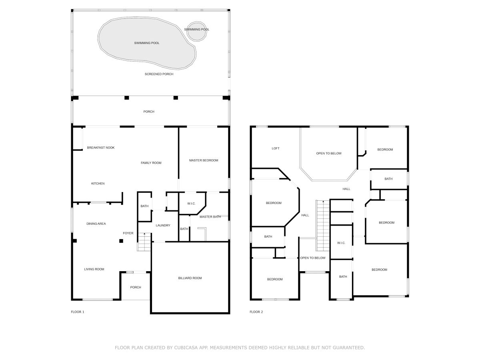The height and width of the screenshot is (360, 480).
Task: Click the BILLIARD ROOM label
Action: (190, 278)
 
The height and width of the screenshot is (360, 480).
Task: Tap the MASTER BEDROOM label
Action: (204, 160)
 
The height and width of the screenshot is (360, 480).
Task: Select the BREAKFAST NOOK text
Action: (100, 148)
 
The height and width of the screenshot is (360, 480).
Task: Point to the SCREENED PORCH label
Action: (159, 74)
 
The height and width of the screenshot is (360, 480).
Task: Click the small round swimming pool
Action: (197, 31)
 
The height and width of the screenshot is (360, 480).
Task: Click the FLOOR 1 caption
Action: (78, 312)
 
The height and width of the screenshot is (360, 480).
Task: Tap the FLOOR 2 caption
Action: (256, 312)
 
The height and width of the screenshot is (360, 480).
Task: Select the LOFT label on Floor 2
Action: (276, 148)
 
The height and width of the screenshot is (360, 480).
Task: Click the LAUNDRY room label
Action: (163, 225)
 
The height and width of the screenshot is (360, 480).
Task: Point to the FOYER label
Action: (128, 233)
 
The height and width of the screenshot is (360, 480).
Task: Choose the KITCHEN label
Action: (98, 183)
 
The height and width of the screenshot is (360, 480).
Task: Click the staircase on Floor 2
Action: (322, 226)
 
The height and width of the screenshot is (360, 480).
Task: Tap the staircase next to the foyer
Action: (144, 242)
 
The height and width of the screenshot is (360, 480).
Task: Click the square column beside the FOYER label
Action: (121, 241)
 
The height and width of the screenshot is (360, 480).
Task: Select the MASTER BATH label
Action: (210, 217)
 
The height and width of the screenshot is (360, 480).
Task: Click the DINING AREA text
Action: (96, 224)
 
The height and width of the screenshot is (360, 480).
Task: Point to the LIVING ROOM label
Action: (94, 269)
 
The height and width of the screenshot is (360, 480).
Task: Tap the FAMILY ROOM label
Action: (151, 163)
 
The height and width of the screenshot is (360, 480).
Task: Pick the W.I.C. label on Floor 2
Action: (341, 243)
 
